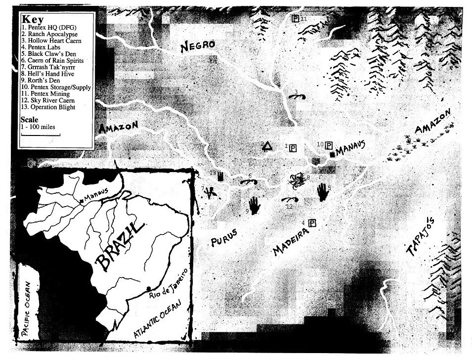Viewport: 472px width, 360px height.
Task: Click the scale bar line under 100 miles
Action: pyautogui.click(x=40, y=134)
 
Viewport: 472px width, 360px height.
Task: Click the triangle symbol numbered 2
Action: pyautogui.click(x=267, y=145)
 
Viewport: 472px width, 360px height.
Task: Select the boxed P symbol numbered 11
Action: pyautogui.click(x=296, y=19)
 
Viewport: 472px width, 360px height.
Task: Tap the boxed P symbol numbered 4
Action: pyautogui.click(x=312, y=224)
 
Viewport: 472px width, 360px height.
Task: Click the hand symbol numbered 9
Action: pyautogui.click(x=255, y=205)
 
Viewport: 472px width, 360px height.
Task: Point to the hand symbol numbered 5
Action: pyautogui.click(x=323, y=192)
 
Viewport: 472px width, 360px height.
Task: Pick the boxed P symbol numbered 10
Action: pyautogui.click(x=329, y=145)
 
